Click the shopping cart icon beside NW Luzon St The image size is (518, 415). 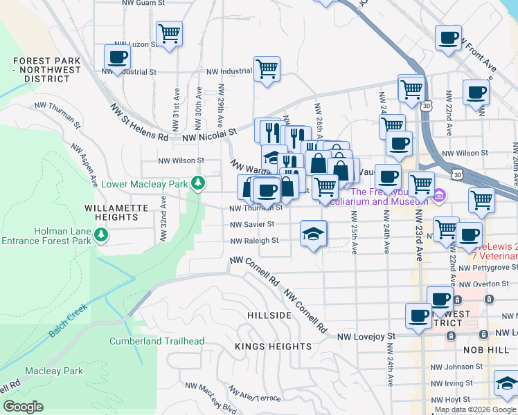click(x=169, y=33)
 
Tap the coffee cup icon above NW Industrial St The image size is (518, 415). click(x=118, y=57)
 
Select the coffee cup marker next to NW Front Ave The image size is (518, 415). click(x=448, y=37)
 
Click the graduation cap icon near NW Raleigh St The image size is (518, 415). click(x=313, y=234)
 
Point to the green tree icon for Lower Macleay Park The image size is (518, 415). click(x=199, y=183)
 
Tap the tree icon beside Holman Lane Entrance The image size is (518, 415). click(x=102, y=236)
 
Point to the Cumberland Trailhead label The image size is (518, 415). click(x=157, y=341)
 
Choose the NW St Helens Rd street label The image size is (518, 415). click(x=139, y=122)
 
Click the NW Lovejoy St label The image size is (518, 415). click(x=366, y=337)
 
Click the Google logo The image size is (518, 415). click(x=23, y=407)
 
